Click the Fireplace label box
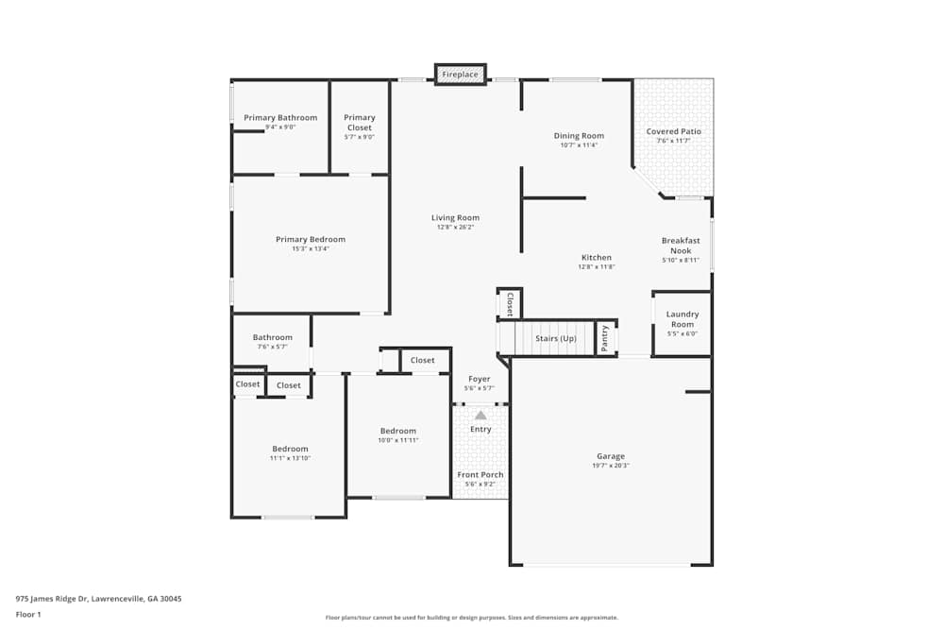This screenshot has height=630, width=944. (461, 75)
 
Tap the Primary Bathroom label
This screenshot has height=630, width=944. (280, 118)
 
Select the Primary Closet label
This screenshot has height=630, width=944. (360, 123)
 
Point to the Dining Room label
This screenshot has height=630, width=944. (579, 136)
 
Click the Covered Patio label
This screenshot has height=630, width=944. (673, 131)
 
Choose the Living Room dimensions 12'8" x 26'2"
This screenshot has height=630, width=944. (455, 227)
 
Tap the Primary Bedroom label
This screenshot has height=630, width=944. (311, 240)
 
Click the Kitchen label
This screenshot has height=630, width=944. (597, 258)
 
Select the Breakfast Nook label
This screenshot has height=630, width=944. (681, 246)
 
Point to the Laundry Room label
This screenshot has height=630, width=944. (683, 319)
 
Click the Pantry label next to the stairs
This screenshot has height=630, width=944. (605, 337)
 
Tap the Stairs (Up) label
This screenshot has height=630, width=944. (556, 338)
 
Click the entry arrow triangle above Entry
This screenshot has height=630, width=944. (480, 415)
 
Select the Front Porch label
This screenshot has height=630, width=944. (480, 475)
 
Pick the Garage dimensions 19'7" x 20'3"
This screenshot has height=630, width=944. (611, 466)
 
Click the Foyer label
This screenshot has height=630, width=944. (480, 379)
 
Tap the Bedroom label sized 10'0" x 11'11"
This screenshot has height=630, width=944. (397, 432)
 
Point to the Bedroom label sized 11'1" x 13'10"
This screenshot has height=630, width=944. (290, 450)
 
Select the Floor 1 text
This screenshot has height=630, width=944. (28, 615)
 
